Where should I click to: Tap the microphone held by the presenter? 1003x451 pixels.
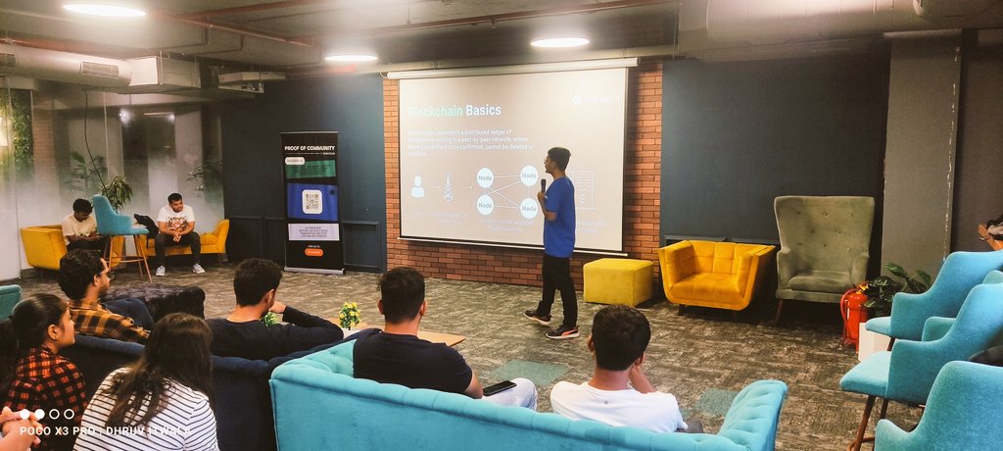click(543, 183)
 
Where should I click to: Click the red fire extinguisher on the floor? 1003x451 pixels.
click(852, 315)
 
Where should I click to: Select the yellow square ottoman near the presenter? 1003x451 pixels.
click(617, 281)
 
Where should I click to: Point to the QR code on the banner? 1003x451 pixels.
click(311, 201)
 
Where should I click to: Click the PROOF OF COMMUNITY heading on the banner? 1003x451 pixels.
click(310, 147)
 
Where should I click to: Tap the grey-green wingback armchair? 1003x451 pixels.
click(822, 245)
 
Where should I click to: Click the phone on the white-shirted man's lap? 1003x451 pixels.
click(499, 387)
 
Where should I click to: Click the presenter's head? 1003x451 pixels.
click(558, 159)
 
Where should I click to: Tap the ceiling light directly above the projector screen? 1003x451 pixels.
click(559, 42)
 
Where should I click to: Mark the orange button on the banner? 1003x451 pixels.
click(313, 251)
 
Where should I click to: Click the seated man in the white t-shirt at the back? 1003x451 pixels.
click(176, 230)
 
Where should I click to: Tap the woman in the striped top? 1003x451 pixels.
click(152, 392)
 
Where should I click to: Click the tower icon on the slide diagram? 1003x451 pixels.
click(448, 186)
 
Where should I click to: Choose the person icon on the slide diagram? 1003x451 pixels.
click(417, 186)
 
